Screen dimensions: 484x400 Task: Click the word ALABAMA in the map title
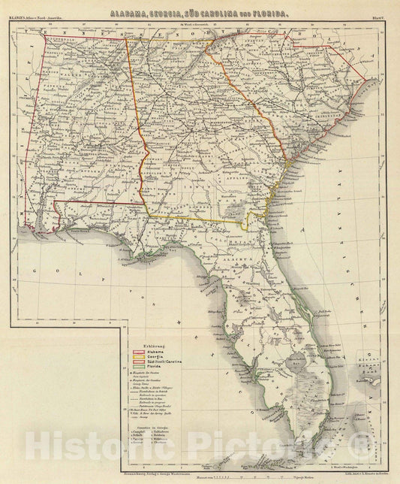click(129, 14)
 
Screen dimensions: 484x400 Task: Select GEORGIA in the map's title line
click(172, 14)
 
